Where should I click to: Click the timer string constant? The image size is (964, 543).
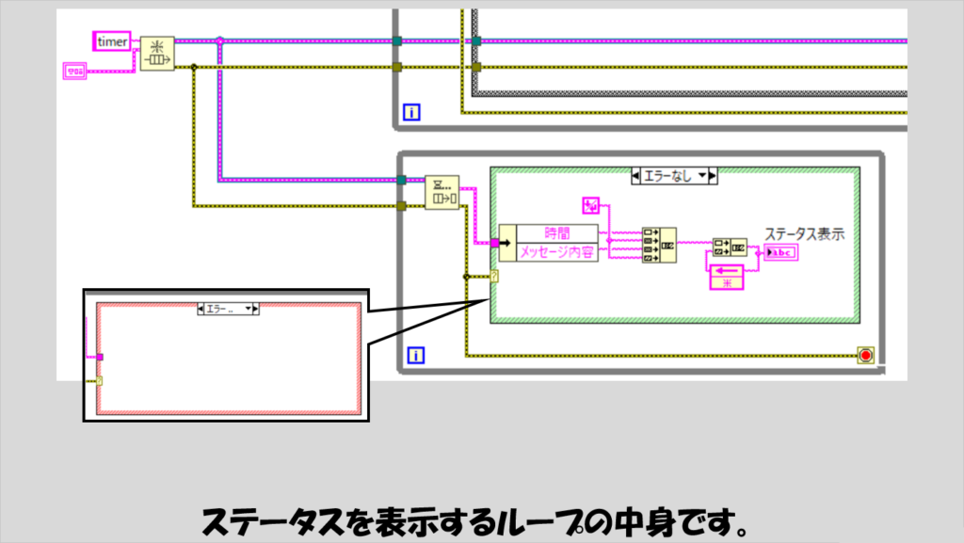(x=112, y=40)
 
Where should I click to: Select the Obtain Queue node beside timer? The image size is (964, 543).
(x=156, y=55)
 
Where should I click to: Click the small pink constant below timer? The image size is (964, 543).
(x=74, y=70)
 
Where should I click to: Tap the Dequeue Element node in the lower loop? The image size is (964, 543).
(x=441, y=192)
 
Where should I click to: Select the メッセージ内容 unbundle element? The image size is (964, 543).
(x=557, y=252)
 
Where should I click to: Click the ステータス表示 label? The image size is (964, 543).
(x=803, y=233)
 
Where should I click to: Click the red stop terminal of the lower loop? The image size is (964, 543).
(x=865, y=355)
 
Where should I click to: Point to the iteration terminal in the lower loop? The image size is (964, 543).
(x=414, y=355)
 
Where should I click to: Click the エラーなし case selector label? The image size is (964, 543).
(x=674, y=175)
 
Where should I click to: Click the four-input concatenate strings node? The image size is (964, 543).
(x=658, y=244)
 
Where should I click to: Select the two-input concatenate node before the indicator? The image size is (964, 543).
(x=730, y=248)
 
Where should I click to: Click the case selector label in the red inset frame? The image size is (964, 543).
(x=227, y=308)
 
